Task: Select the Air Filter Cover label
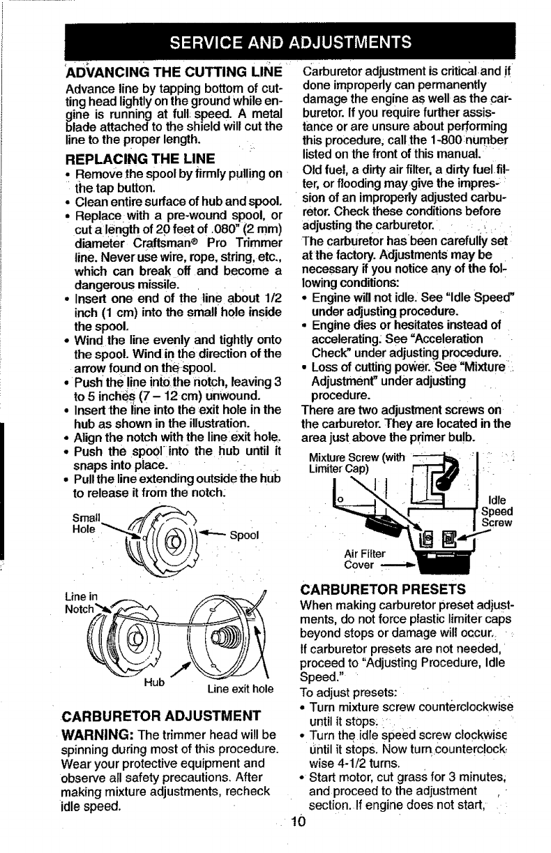(365, 558)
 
